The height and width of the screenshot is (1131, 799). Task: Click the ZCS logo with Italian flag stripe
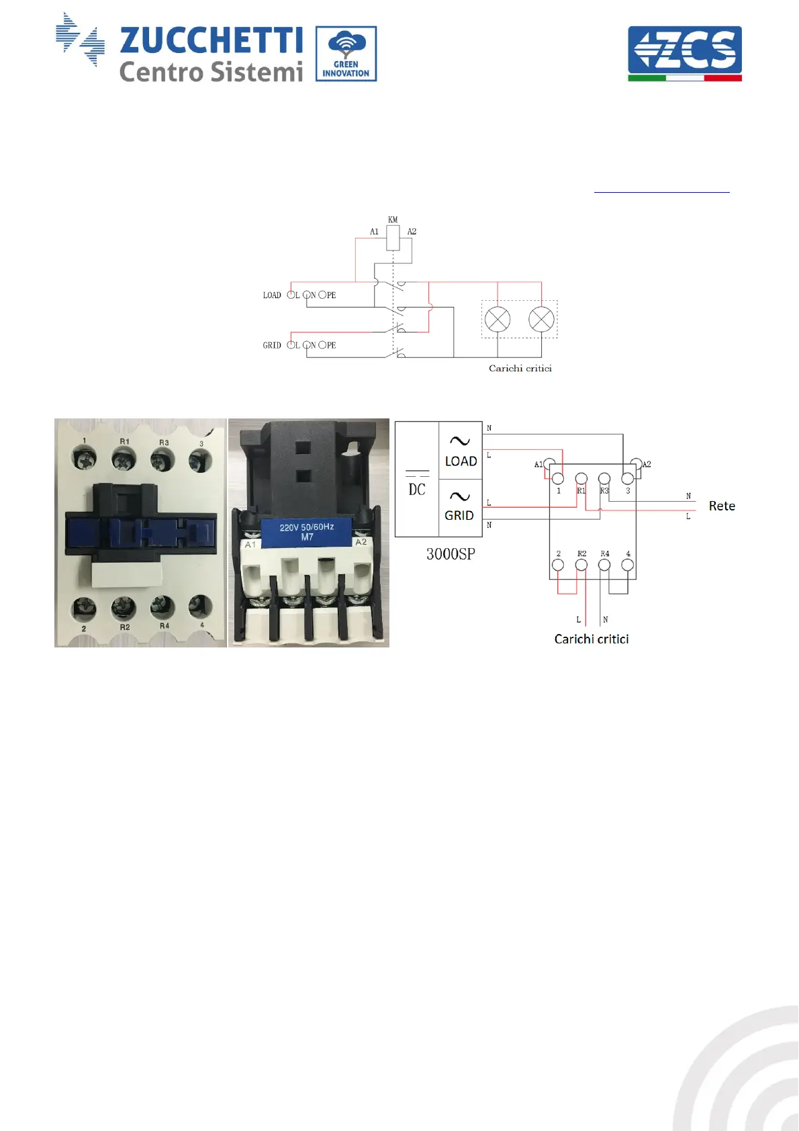tap(684, 53)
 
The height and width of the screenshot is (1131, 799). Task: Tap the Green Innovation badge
tap(346, 54)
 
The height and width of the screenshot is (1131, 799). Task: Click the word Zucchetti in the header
tap(211, 40)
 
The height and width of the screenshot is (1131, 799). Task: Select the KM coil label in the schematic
tap(393, 220)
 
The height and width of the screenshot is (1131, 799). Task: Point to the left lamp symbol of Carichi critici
tap(498, 319)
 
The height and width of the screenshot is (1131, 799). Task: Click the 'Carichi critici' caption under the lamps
tap(520, 369)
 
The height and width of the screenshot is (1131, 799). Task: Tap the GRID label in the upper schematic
tap(272, 345)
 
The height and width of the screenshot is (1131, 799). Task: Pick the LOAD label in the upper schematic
tap(272, 296)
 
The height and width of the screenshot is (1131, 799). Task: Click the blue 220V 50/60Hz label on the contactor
tap(307, 532)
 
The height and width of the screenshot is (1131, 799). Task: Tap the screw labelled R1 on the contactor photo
tap(123, 459)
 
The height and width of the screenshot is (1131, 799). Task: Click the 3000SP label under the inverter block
tap(451, 555)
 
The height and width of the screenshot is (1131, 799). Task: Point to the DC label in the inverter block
tap(417, 490)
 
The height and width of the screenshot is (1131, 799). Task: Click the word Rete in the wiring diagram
tap(722, 506)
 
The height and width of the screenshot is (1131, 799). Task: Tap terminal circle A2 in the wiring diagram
tap(636, 464)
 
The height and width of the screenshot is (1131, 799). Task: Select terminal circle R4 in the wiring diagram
tap(605, 565)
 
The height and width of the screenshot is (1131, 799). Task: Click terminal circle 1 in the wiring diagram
tap(558, 479)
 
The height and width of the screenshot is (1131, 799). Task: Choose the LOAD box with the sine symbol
tap(461, 451)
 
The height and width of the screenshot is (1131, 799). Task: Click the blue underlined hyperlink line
tap(661, 192)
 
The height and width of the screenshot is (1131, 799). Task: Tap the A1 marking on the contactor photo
tap(250, 545)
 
